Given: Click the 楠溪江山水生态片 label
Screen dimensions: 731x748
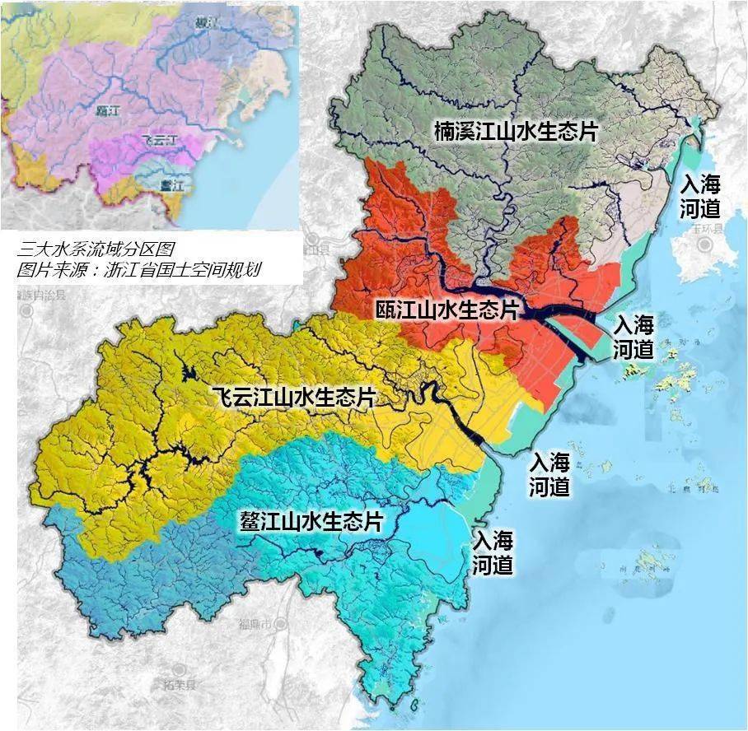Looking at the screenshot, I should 516,132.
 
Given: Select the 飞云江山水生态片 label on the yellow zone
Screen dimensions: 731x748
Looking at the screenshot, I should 293,398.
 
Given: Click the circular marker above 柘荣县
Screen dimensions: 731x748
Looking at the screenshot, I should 180,669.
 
